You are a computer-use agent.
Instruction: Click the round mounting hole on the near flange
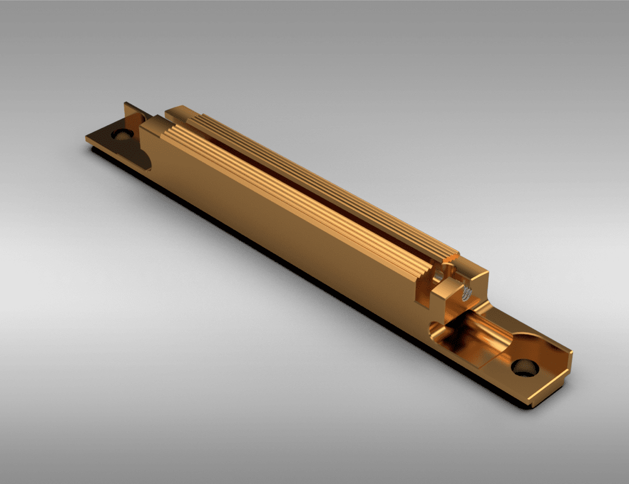[525, 367]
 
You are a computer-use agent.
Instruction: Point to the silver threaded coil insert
[466, 294]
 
